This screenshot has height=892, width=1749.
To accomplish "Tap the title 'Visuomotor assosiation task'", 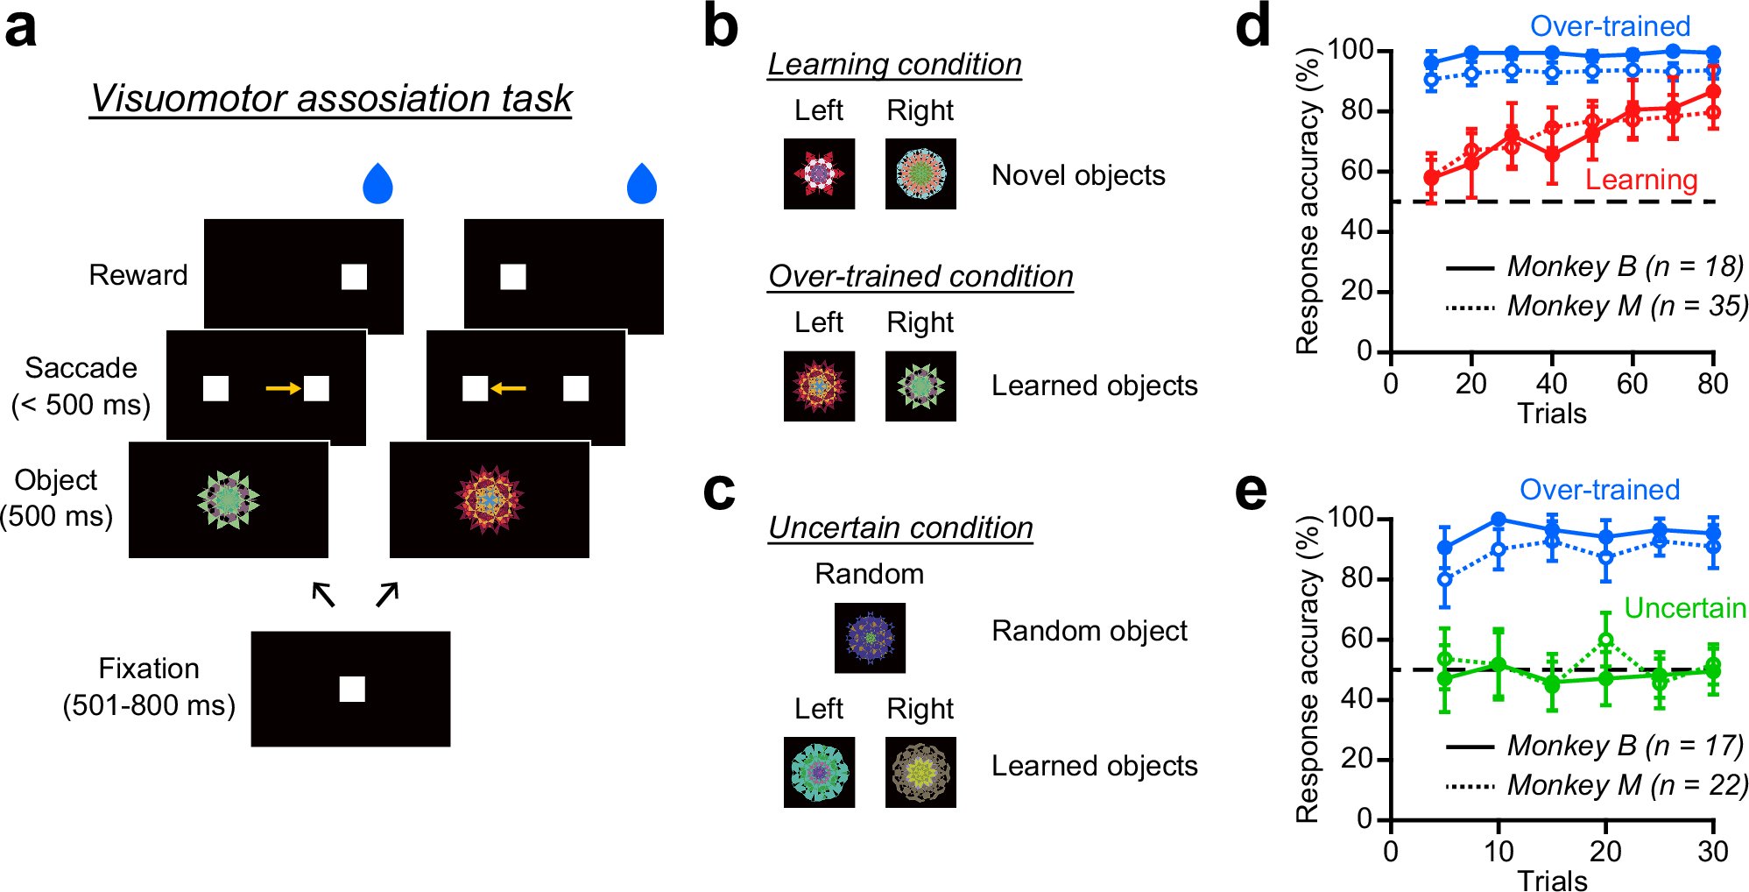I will coord(331,98).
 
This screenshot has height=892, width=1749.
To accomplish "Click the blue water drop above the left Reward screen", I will coord(377,183).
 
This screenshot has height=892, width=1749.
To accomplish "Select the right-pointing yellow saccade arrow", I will coord(283,387).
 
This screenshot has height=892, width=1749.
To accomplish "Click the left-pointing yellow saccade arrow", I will coord(509,387).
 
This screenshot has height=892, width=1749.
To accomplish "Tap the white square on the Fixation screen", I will coord(352,690).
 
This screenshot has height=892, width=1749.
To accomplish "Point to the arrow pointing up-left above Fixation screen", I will coord(323,595).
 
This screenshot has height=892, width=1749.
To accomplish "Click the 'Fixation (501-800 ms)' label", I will coord(149,687).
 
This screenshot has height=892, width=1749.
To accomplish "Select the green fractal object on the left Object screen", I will coord(228,499).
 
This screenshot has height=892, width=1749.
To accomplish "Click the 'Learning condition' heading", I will coord(894,64).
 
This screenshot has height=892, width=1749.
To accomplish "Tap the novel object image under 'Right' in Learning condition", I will coord(920,173).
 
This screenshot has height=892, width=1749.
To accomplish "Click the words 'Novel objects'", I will coord(1078,175).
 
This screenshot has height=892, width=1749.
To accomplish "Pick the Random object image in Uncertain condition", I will coord(870,638).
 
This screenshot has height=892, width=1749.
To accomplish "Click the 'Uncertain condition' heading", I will coord(900,527).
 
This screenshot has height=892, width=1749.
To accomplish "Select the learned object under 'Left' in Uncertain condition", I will coord(819,772).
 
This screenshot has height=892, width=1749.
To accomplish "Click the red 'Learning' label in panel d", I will coord(1641,180).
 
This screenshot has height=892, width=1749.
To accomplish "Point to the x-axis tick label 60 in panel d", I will coord(1632,384).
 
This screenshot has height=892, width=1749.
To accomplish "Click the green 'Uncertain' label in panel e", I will coord(1684,607).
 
